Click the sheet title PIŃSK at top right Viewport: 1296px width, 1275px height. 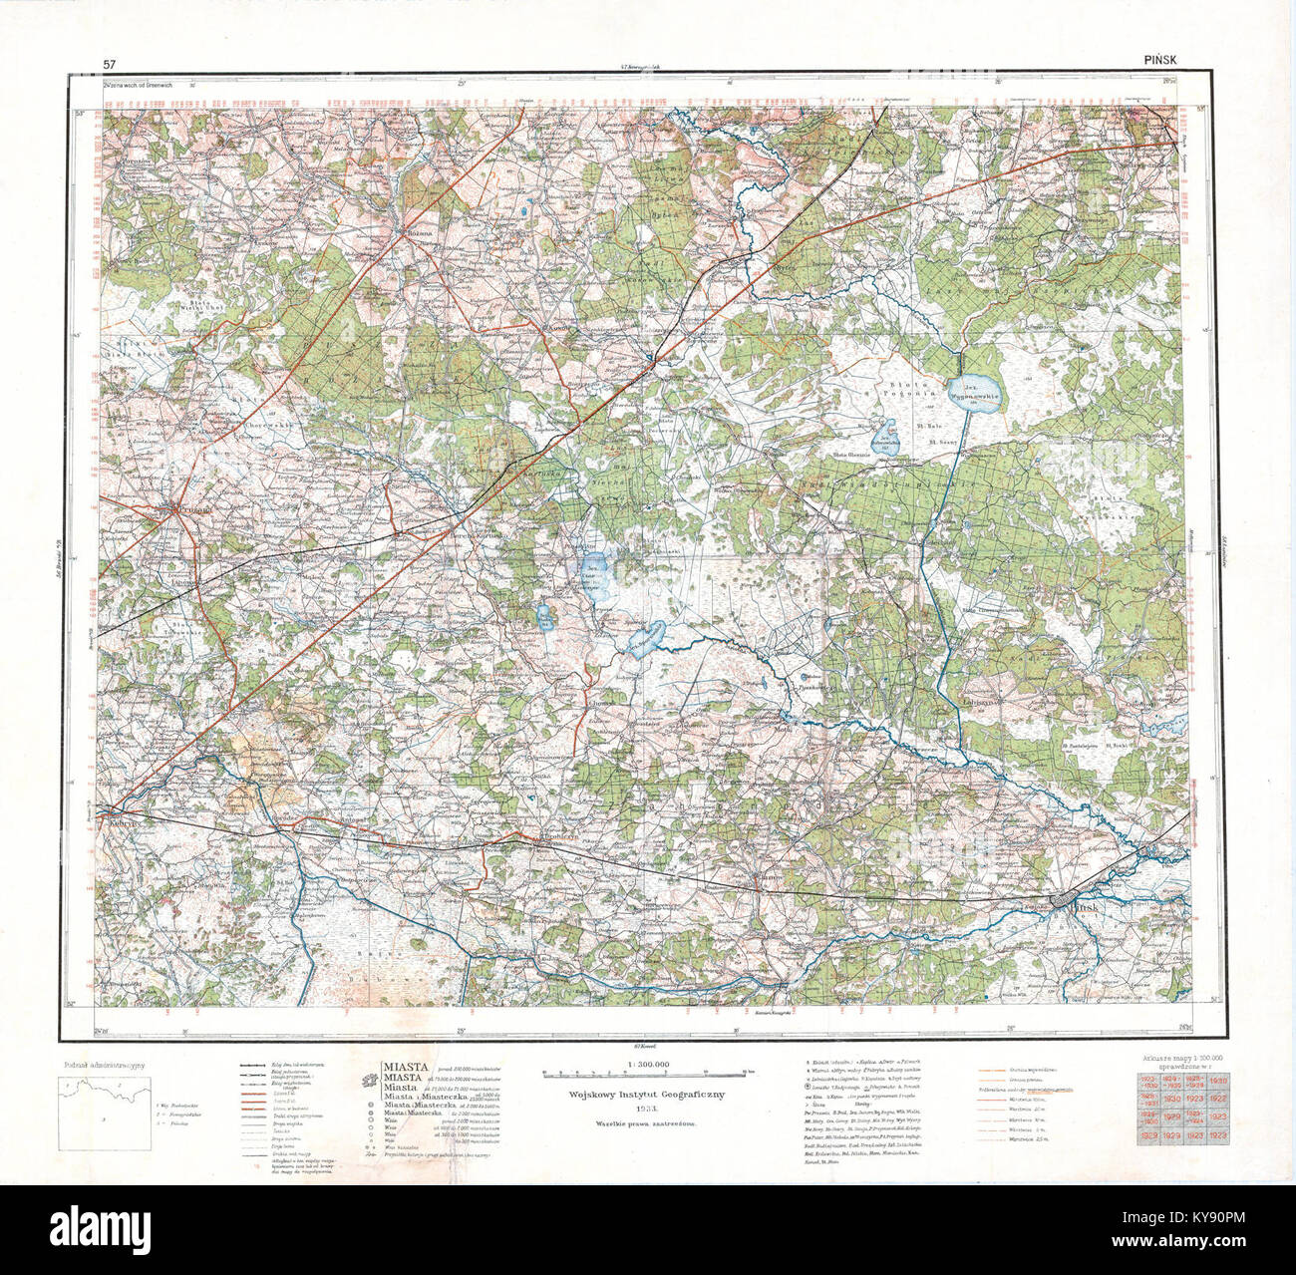tap(1159, 61)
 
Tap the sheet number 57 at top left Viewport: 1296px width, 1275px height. tap(109, 64)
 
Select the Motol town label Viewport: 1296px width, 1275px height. tap(782, 729)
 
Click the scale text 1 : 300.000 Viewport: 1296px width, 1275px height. tap(641, 1066)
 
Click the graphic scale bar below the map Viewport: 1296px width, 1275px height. tap(643, 1075)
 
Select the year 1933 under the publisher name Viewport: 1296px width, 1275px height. tap(642, 1108)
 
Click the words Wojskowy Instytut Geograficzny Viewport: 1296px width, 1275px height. tap(642, 1094)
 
